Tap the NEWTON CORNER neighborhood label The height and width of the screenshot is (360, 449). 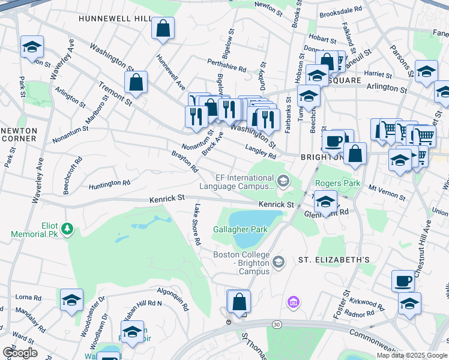19,134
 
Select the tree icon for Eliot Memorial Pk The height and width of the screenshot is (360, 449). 68,229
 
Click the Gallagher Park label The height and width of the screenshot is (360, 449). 240,230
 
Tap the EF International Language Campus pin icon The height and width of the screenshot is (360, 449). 283,180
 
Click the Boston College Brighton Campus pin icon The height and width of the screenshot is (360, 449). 279,261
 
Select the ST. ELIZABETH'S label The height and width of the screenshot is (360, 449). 334,260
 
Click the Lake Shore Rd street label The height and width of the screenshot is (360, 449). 196,224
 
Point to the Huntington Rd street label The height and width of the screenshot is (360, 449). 110,185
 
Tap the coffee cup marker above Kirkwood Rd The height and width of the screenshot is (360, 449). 403,280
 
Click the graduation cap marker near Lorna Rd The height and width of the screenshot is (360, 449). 71,299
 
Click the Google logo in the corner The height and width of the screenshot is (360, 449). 20,352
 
